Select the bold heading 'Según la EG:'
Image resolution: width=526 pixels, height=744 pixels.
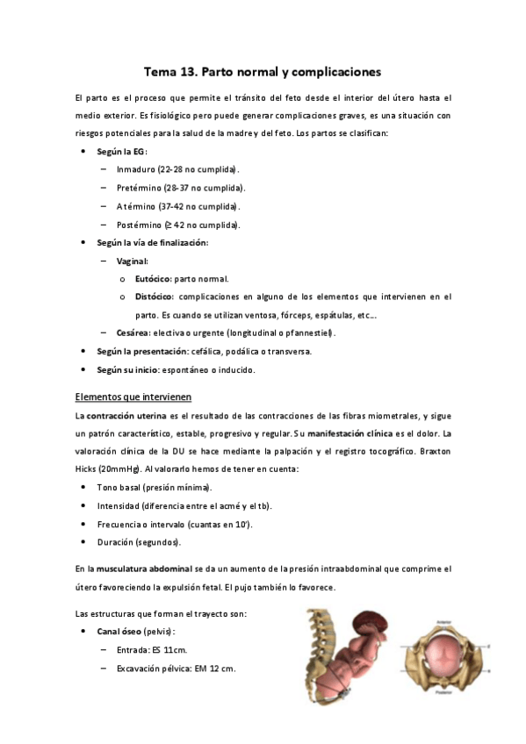click(x=122, y=152)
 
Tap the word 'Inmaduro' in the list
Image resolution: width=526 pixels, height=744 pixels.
click(x=136, y=168)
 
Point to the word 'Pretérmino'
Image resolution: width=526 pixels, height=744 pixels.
click(x=139, y=188)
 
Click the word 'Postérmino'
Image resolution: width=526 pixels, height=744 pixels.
click(x=139, y=225)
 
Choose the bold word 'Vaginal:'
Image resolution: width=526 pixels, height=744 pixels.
click(x=132, y=261)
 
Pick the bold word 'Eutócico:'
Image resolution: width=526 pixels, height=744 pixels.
click(x=153, y=279)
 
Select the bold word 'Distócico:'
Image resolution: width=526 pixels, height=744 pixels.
click(x=155, y=297)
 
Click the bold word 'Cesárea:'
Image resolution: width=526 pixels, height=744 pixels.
click(x=133, y=333)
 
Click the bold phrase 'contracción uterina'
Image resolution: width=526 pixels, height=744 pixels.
click(x=126, y=415)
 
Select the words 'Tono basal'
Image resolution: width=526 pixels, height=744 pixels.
click(x=119, y=487)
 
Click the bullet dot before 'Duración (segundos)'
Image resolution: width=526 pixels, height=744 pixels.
click(x=83, y=542)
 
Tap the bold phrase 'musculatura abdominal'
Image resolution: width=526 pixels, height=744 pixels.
click(x=141, y=569)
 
